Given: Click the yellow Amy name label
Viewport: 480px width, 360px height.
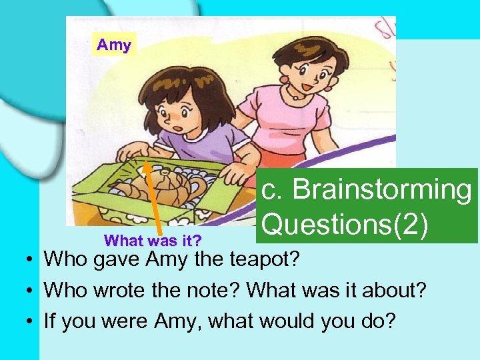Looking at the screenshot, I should [x=114, y=45].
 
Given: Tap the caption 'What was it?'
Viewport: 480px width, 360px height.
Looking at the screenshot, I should [x=153, y=239].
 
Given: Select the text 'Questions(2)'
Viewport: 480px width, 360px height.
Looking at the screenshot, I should [x=345, y=224].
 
